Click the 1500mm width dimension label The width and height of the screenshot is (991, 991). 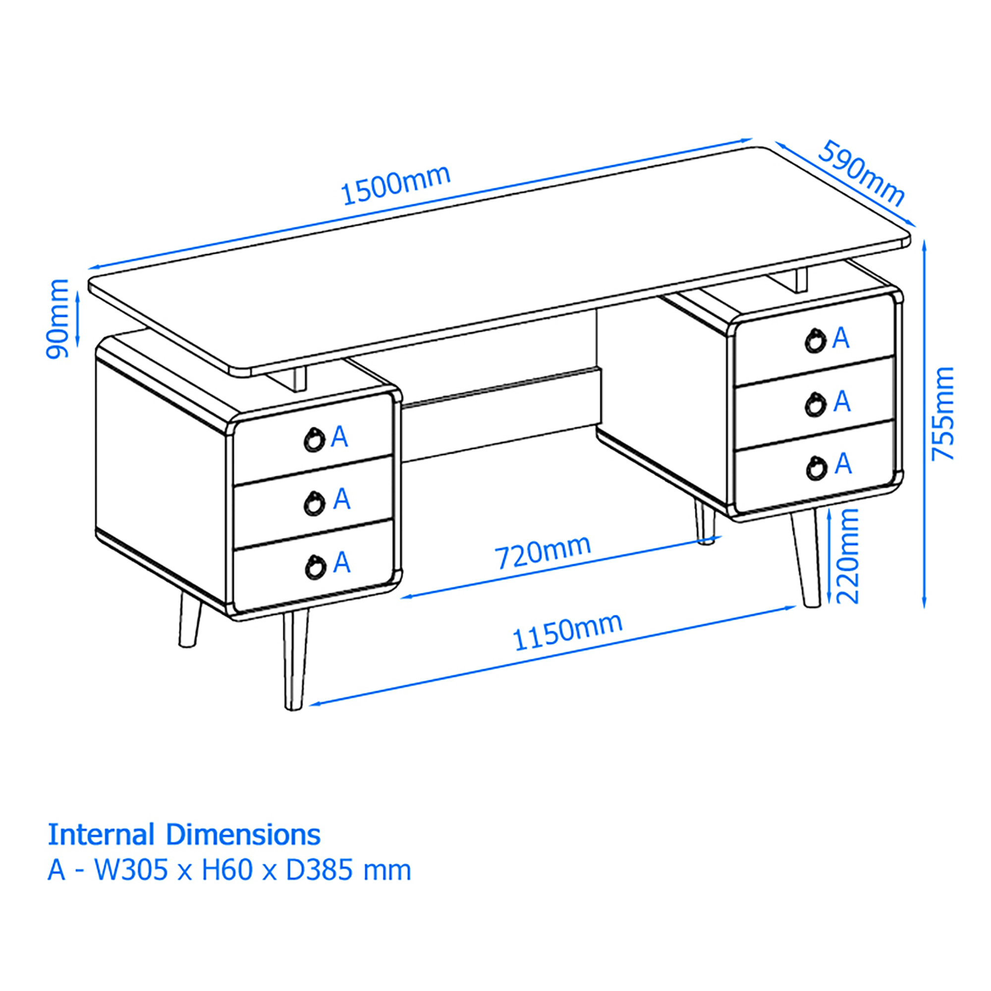click(x=395, y=185)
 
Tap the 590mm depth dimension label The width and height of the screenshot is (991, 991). click(x=861, y=174)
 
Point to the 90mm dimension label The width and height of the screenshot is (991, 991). click(x=57, y=319)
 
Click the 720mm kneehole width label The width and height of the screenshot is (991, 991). click(x=543, y=552)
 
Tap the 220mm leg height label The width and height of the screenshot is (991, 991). click(x=847, y=555)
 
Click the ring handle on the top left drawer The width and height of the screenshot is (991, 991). click(x=314, y=440)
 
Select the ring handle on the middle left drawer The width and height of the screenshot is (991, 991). click(x=314, y=504)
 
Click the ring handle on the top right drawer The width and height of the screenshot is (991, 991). click(x=815, y=340)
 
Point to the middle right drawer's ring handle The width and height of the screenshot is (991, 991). click(x=815, y=405)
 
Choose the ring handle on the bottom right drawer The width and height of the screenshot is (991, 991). click(x=816, y=468)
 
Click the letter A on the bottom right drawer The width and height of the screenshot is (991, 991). click(x=843, y=464)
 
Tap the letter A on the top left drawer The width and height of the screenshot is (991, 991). click(x=339, y=437)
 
